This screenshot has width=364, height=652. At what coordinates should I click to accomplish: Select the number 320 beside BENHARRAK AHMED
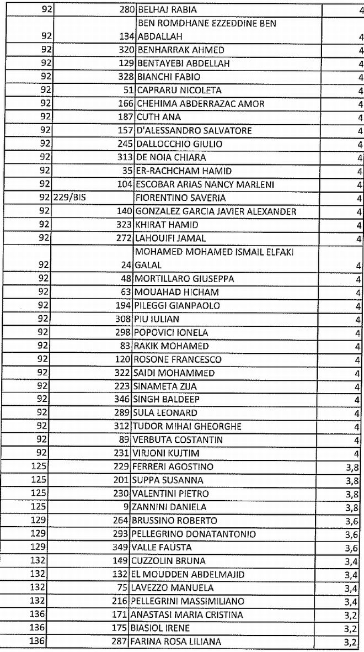[127, 50]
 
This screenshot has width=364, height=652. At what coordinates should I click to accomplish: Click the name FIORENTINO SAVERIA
[175, 198]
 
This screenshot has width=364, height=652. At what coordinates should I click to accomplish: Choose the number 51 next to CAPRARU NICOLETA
[129, 91]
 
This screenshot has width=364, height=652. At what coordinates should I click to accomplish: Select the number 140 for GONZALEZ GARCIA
[125, 211]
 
